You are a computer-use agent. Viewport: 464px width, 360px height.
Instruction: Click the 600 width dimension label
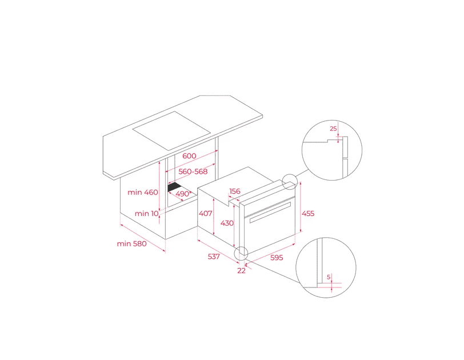click(x=189, y=156)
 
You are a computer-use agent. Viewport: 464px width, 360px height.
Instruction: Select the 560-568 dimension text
click(x=193, y=171)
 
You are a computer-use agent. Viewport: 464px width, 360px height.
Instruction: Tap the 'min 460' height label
click(x=143, y=192)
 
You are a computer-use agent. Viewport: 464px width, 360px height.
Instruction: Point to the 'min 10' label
click(x=146, y=214)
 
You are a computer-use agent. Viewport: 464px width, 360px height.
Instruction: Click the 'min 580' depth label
click(x=131, y=244)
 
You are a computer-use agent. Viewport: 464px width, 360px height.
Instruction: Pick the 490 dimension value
click(x=182, y=194)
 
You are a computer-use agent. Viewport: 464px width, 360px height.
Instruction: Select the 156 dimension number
click(x=235, y=191)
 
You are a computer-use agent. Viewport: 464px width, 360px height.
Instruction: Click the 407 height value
click(x=205, y=213)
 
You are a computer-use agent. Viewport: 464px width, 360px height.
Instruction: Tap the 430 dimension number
click(x=227, y=223)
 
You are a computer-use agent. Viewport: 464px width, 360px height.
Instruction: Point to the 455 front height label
click(x=308, y=214)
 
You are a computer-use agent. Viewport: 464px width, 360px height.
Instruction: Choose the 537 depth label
click(x=214, y=257)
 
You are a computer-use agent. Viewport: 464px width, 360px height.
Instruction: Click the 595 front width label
click(x=277, y=258)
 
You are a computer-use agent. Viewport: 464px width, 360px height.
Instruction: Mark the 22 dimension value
click(x=242, y=271)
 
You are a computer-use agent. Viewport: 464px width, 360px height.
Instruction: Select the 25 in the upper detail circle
click(x=333, y=129)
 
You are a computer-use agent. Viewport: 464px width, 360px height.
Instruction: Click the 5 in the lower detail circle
click(x=329, y=277)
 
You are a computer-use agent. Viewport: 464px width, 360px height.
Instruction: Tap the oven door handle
click(x=270, y=213)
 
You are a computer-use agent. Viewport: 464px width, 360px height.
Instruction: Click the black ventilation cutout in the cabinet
click(x=175, y=187)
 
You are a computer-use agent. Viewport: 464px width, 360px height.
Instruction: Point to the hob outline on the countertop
click(x=171, y=130)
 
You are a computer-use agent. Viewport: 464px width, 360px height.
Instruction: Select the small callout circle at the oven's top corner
click(x=289, y=182)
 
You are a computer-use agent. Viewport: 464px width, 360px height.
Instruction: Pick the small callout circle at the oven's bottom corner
click(x=241, y=254)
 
